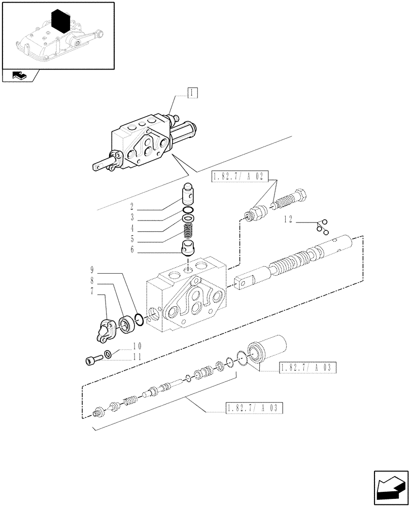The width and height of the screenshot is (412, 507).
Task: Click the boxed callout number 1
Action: pyautogui.click(x=192, y=92)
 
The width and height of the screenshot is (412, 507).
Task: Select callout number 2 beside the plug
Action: pyautogui.click(x=131, y=207)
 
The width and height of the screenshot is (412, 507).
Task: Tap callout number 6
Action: pyautogui.click(x=131, y=250)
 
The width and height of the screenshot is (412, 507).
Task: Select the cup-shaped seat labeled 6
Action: pyautogui.click(x=189, y=249)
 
